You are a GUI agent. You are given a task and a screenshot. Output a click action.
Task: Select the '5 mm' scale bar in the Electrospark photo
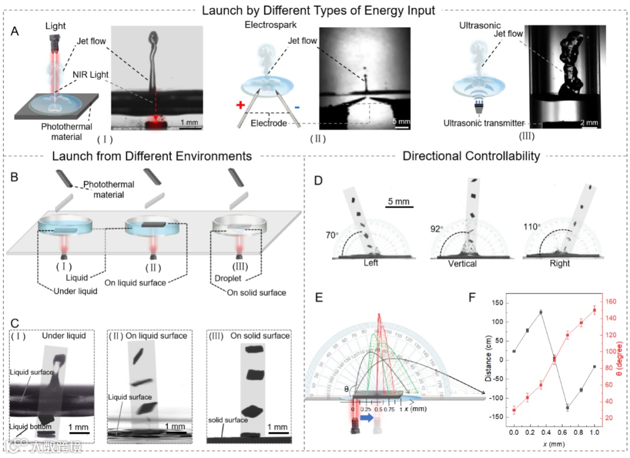click(402, 123)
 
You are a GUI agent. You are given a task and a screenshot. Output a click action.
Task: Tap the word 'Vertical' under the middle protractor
click(462, 263)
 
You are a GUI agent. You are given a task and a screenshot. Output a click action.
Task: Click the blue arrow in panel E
click(367, 420)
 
